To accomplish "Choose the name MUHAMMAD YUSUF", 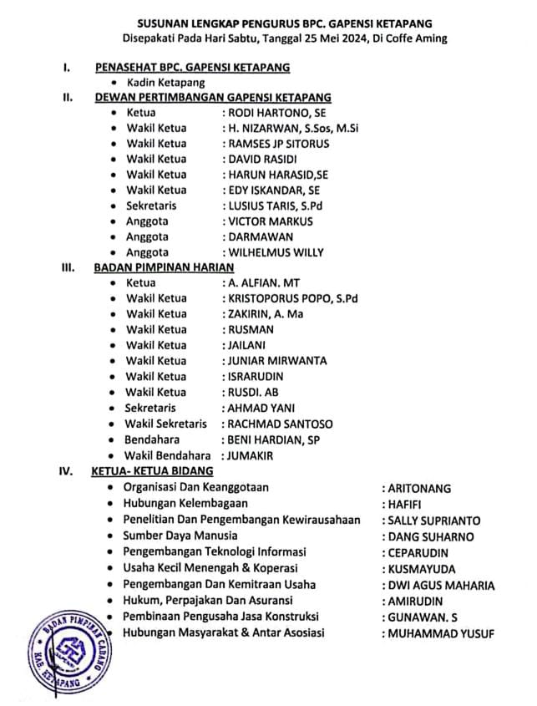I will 441,634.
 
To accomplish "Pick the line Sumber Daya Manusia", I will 180,536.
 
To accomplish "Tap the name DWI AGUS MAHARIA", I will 440,586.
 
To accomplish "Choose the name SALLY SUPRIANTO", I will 438,520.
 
